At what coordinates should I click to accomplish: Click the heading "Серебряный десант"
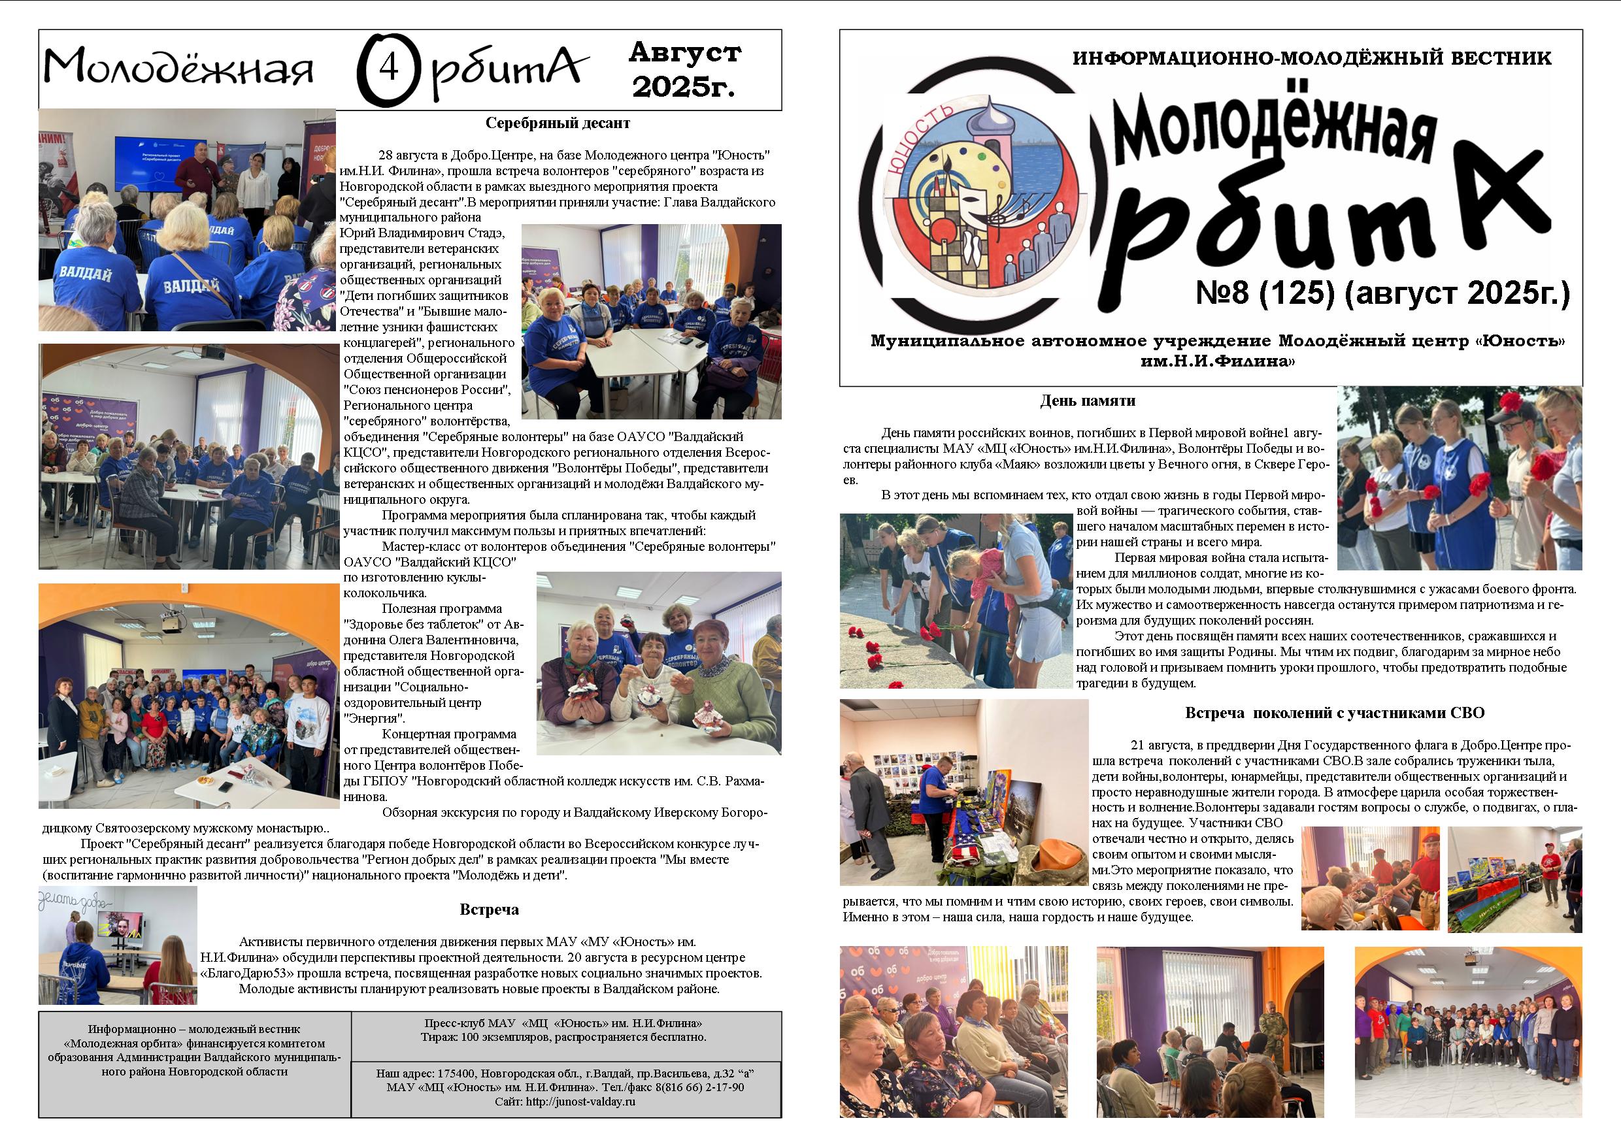pos(557,123)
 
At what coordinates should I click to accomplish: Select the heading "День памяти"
pos(1086,401)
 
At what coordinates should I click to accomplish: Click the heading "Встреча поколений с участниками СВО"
pos(1333,713)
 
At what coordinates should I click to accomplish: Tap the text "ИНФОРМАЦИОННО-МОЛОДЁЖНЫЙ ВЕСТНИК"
pos(1312,59)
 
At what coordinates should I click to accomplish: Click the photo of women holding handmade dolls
pos(658,663)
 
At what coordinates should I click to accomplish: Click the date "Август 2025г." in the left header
pos(684,69)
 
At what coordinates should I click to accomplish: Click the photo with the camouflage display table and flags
pos(963,793)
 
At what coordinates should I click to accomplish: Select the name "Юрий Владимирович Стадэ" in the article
pos(422,233)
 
